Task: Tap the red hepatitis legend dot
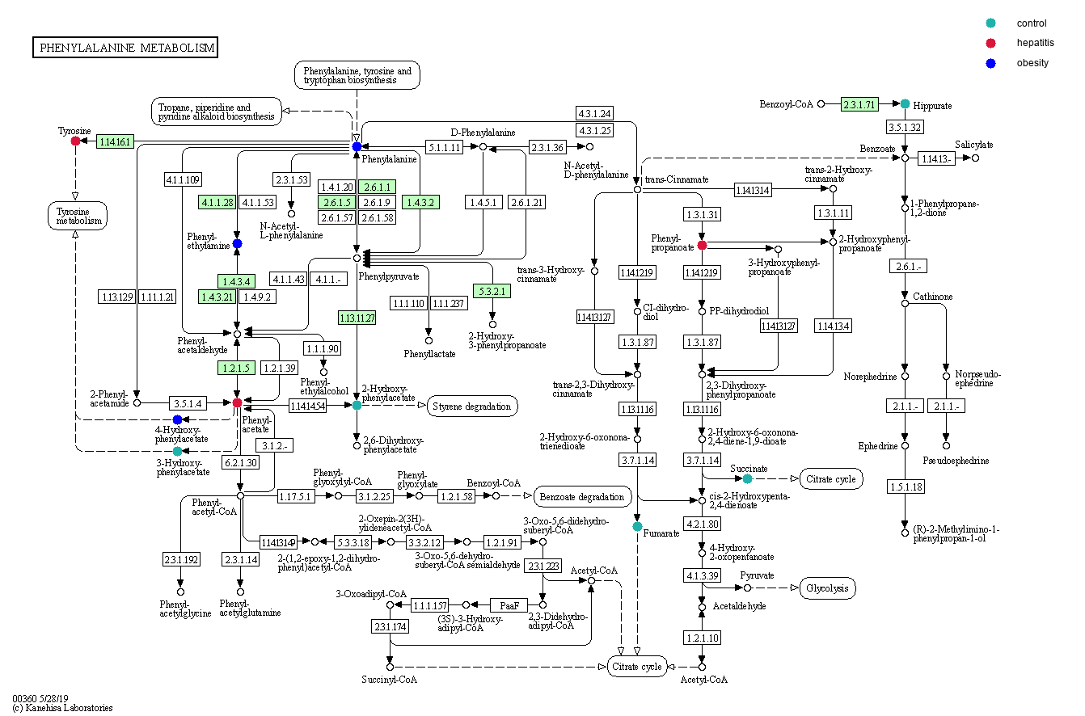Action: [990, 43]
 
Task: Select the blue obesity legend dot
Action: [990, 63]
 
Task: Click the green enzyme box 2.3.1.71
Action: [859, 104]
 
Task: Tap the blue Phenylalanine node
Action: [357, 146]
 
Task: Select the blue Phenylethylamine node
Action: [237, 243]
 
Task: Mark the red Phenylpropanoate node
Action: [702, 245]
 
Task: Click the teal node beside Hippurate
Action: [906, 103]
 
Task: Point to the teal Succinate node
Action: [747, 479]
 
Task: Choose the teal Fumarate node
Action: [637, 527]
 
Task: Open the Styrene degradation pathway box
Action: [472, 406]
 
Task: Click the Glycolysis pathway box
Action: [827, 588]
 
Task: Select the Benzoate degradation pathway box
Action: [582, 495]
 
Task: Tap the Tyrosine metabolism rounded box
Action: [77, 215]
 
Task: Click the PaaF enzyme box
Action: [509, 604]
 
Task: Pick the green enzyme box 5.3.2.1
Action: [492, 290]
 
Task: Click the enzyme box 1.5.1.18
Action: [905, 486]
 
